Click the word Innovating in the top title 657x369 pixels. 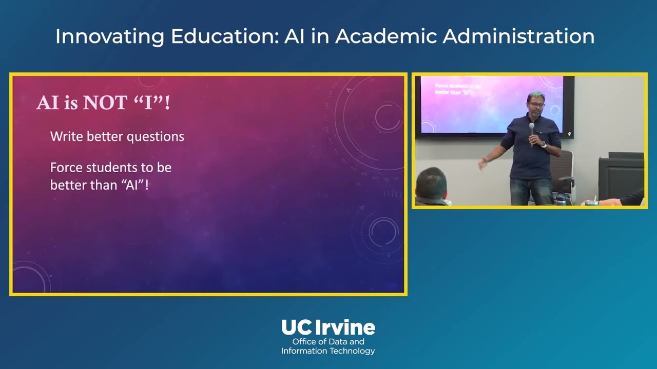(110, 36)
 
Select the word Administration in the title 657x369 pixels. (518, 36)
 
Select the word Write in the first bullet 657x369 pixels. (67, 136)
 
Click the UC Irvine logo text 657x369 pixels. (328, 327)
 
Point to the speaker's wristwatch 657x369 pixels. (544, 145)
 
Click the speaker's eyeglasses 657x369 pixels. (536, 105)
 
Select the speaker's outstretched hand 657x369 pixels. (483, 163)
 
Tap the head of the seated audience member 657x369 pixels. (431, 182)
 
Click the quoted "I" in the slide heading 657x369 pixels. (148, 102)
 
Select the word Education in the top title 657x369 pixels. (224, 36)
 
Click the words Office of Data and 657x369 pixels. (328, 342)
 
